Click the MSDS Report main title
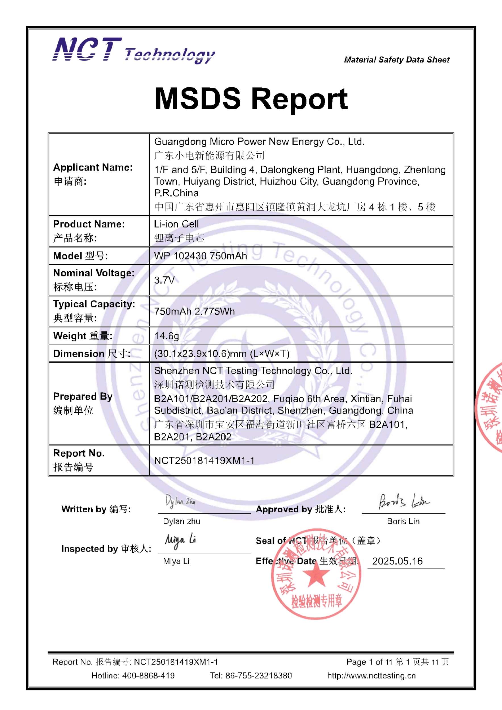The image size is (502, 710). point(251,99)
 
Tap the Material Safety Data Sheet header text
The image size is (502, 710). point(397,60)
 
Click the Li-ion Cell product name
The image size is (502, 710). point(176,224)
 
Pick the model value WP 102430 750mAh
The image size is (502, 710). point(200,256)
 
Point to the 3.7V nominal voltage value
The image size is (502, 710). point(164,280)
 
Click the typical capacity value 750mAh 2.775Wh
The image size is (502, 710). point(194,311)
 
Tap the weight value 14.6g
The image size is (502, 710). point(166,335)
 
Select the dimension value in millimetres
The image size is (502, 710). point(222,354)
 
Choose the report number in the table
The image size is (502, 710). point(204,460)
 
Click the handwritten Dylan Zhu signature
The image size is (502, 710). point(180,501)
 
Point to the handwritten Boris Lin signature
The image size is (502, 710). point(404,501)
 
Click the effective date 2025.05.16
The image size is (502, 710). point(397,561)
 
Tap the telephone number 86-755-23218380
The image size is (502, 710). point(259,675)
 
